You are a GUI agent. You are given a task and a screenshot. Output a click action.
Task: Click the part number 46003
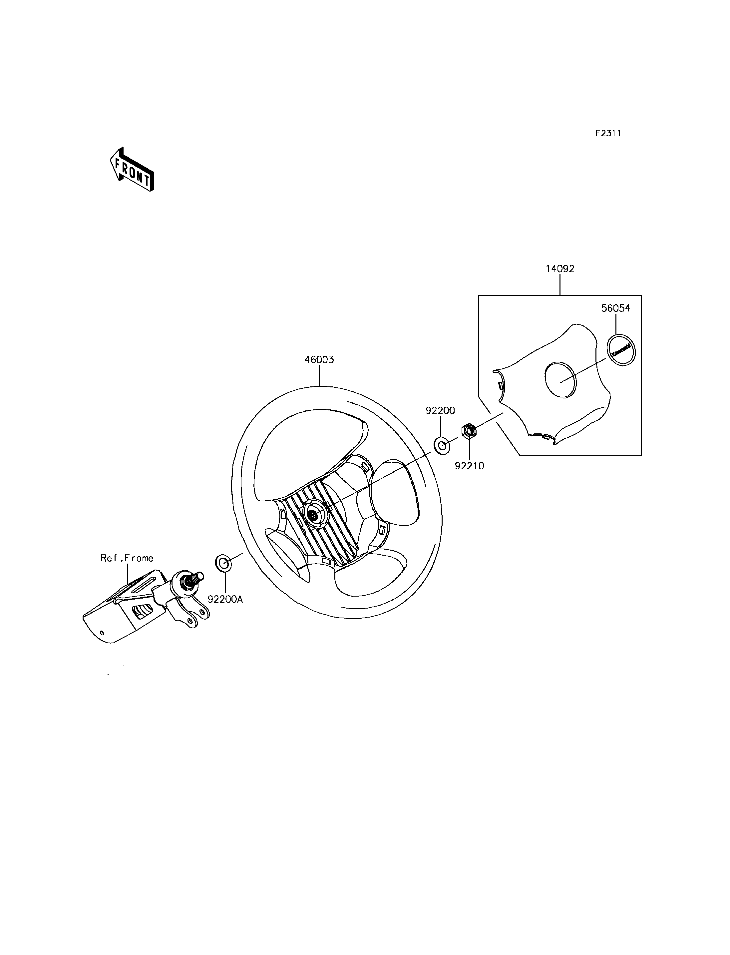[319, 360]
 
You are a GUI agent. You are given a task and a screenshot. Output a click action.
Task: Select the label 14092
[560, 269]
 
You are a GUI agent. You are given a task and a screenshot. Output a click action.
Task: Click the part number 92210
[469, 466]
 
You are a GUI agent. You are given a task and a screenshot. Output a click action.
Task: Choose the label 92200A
[225, 600]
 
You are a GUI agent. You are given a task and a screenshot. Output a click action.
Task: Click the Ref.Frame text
[127, 558]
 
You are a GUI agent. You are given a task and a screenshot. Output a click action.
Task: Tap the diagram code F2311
[608, 134]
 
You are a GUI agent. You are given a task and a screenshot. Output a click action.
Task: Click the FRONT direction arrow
[132, 170]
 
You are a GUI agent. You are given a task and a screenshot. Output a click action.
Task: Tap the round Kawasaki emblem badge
[621, 349]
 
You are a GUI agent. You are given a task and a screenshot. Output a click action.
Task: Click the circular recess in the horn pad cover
[560, 379]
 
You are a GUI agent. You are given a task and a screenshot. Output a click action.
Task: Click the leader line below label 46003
[319, 376]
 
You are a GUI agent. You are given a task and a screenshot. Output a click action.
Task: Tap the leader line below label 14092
[560, 285]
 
